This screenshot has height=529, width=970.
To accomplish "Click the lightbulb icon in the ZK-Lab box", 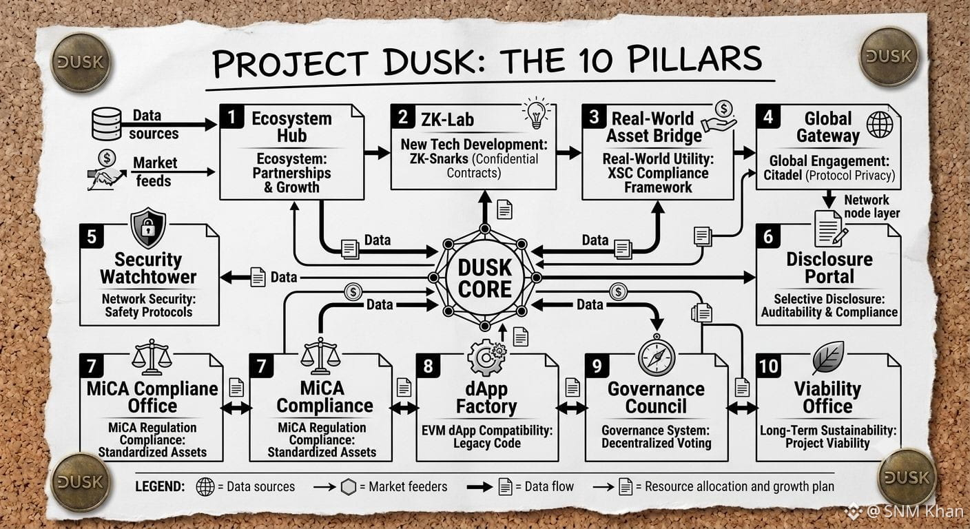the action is (537, 113).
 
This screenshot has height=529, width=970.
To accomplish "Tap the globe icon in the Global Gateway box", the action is (880, 124).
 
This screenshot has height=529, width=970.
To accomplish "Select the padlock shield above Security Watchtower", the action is (148, 228).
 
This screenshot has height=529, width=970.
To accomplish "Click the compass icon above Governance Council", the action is (657, 356).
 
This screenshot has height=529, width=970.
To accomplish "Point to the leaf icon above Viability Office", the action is (828, 357).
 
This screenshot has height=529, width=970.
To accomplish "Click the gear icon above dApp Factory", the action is (487, 356).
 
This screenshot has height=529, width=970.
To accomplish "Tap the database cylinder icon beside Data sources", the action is (107, 124).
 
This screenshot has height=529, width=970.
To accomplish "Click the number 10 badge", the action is (768, 366).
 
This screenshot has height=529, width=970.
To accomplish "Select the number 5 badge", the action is (92, 236).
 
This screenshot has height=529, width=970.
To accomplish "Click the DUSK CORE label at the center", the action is (485, 278).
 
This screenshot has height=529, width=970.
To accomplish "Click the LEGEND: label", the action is (160, 486).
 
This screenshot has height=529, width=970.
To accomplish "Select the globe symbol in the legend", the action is (205, 487).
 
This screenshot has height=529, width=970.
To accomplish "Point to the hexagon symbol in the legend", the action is (349, 487).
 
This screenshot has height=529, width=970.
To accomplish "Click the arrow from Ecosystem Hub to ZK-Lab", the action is (377, 152).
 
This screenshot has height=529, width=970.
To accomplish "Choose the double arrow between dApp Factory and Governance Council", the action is (572, 408).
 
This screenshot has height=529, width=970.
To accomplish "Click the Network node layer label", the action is (871, 207).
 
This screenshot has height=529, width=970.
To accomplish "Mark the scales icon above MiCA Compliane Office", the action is (152, 357).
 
